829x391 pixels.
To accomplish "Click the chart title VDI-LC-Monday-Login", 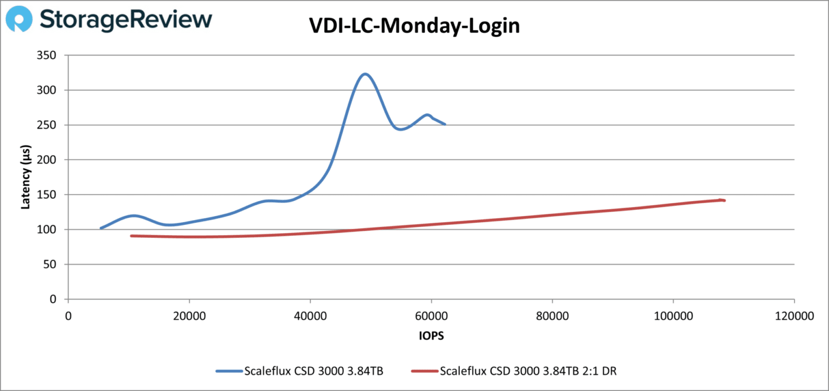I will [414, 26].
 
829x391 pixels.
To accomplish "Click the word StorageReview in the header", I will [126, 20].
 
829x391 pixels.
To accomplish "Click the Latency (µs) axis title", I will [25, 177].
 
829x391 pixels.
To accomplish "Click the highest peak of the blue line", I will [365, 74].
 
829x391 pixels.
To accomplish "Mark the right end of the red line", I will [724, 201].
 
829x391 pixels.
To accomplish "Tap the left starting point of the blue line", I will [101, 228].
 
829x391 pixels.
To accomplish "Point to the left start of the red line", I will [131, 236].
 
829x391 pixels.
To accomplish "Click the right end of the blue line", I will [445, 124].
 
